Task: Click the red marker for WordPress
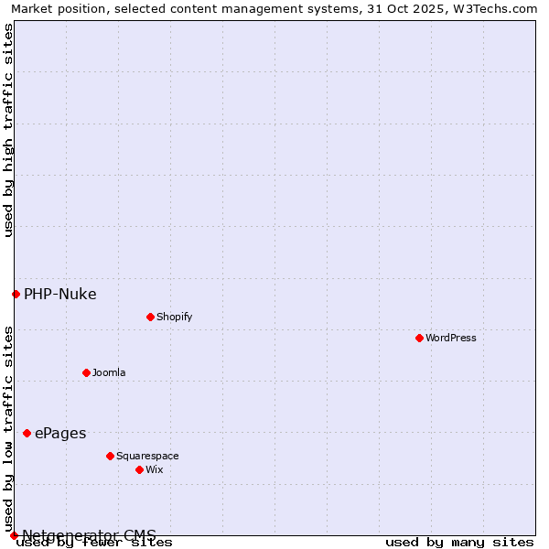pos(419,338)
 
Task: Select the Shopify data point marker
pos(150,317)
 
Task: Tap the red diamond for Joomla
pos(86,372)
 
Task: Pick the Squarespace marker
pos(110,456)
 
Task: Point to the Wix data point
pos(139,469)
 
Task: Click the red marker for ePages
pos(27,433)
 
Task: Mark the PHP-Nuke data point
pos(16,294)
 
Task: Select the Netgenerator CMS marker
pos(14,535)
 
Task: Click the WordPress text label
pos(451,338)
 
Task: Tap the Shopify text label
pos(174,317)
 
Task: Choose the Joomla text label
pos(109,372)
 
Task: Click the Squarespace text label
pos(147,456)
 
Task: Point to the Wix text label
pos(154,469)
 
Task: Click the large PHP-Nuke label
pos(60,295)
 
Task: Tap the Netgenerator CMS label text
pos(89,535)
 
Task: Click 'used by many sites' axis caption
pos(459,543)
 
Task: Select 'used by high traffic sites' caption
pos(9,130)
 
